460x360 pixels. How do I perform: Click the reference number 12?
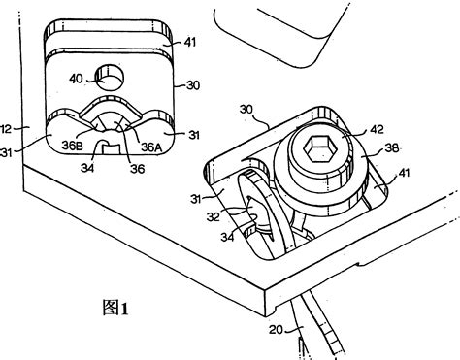point(7,126)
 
